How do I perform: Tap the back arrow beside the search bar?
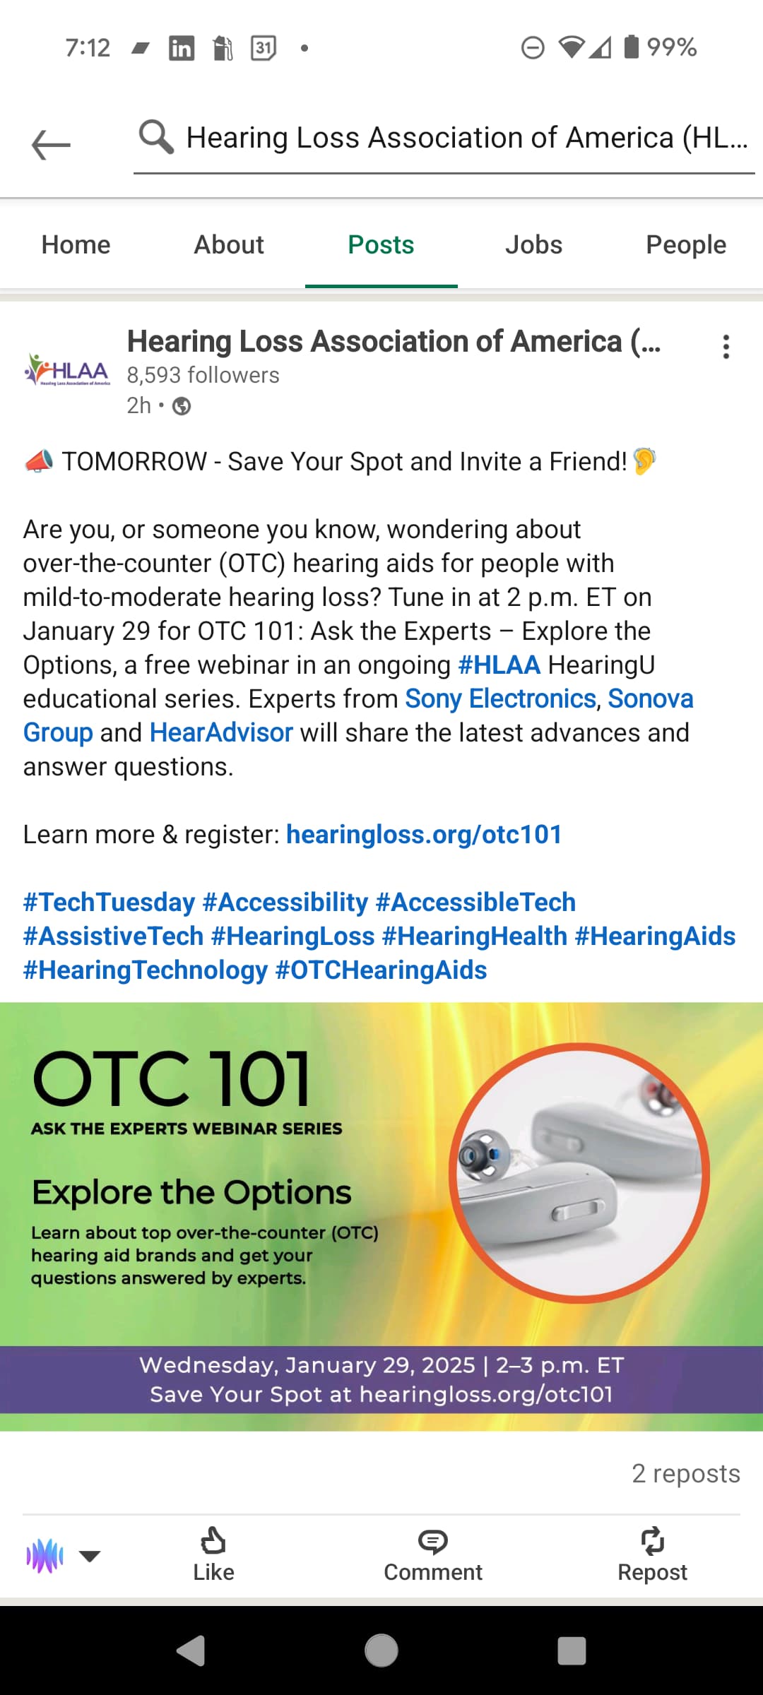pos(51,145)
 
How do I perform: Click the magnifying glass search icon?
pos(156,136)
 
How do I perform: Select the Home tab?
pos(76,244)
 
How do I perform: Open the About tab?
pos(229,244)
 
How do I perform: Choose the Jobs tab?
pos(533,244)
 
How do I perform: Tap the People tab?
pos(686,245)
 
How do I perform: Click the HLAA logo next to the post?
pos(67,369)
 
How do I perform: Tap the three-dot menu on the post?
pos(726,347)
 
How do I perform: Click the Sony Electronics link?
pos(501,698)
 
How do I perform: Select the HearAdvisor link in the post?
pos(221,732)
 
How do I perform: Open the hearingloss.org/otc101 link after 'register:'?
pos(424,835)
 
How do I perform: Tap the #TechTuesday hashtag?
pos(109,902)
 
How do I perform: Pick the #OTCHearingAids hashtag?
pos(381,970)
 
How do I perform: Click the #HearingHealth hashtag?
pos(475,936)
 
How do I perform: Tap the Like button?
pos(213,1554)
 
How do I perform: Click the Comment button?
pos(433,1554)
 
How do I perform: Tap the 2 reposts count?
pos(686,1473)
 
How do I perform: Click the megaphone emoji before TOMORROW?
pos(40,461)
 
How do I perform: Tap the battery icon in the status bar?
pos(632,47)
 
